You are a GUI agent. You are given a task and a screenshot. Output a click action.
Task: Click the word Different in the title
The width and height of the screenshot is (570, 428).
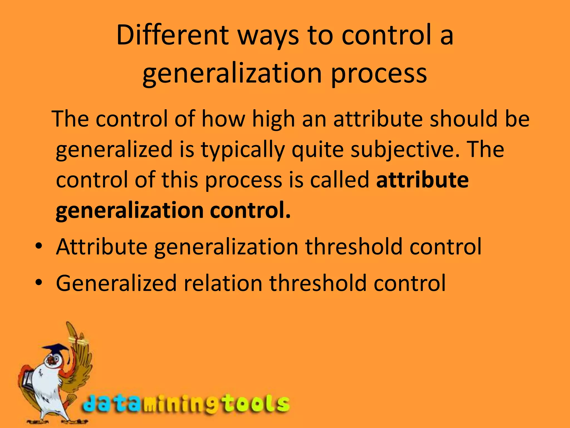172,35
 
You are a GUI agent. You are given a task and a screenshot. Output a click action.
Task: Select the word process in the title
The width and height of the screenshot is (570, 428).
379,74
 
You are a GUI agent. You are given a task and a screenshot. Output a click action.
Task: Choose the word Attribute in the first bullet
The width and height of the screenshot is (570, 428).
102,247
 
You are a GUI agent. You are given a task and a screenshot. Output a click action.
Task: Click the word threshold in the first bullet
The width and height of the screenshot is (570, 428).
354,247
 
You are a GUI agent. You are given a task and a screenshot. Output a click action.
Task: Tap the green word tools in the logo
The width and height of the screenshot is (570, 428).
256,403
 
